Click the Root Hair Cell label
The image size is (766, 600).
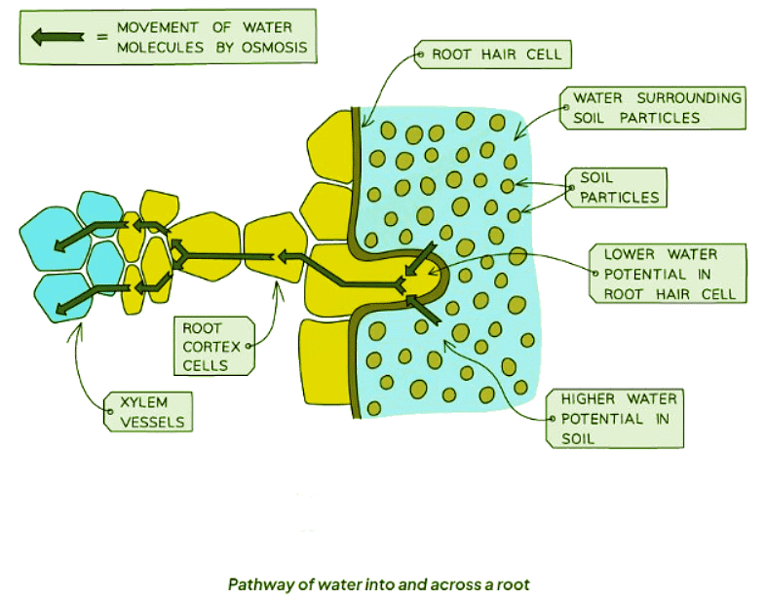tap(496, 55)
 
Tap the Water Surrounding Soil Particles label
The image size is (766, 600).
tap(656, 107)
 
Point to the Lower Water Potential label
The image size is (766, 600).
tap(669, 273)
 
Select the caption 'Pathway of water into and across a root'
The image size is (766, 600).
tap(378, 585)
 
